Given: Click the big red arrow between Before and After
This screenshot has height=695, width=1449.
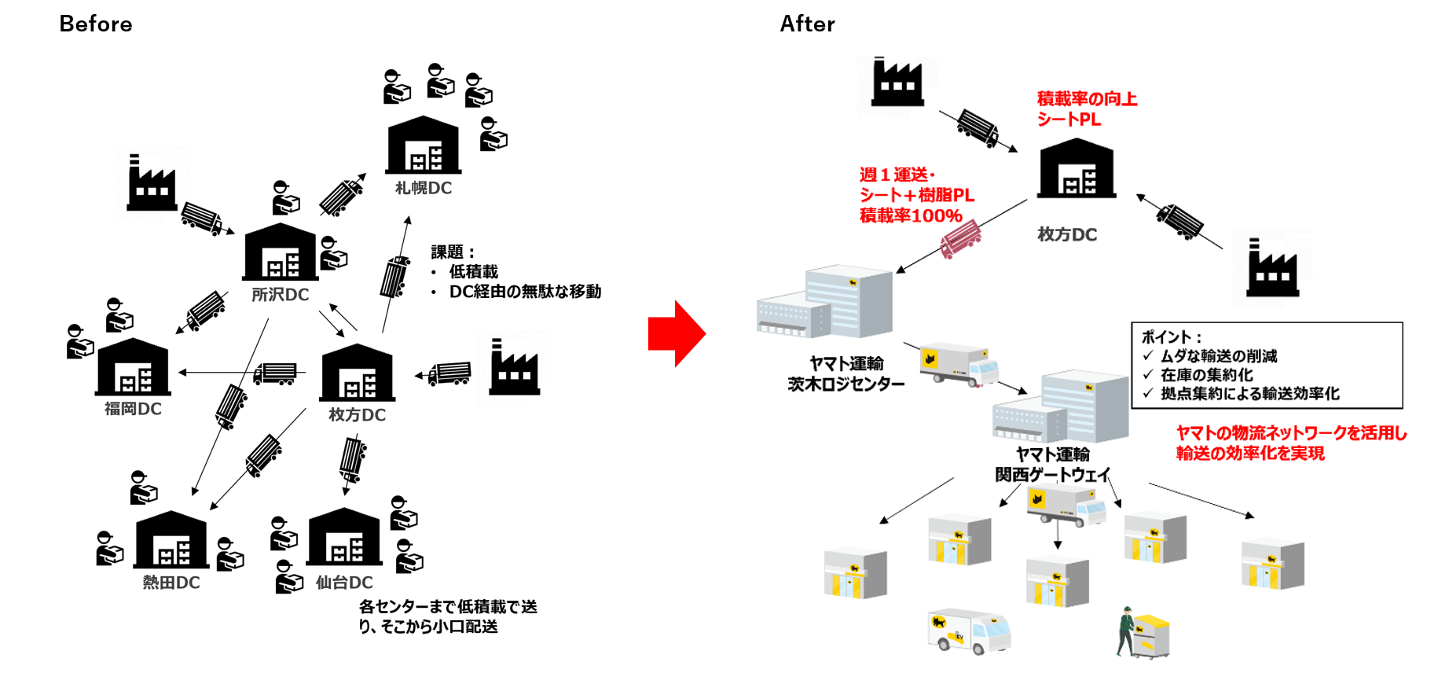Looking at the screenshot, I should (677, 333).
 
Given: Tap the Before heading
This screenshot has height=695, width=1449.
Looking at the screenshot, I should (96, 24).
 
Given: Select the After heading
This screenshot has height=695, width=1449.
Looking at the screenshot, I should (807, 24).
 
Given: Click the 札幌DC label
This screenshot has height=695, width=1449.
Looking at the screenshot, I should (424, 188).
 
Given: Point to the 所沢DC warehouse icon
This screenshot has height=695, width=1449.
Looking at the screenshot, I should (281, 252).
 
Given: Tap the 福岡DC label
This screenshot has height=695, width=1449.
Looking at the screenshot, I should (133, 409).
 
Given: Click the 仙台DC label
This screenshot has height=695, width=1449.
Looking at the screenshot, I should (344, 583).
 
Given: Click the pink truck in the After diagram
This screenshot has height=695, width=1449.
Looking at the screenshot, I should (960, 238).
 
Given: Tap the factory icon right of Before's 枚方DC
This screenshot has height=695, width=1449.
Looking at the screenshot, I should (515, 368).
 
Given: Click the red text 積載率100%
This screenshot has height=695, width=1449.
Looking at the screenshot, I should (911, 216).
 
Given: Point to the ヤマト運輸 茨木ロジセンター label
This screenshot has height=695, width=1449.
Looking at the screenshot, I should (846, 373).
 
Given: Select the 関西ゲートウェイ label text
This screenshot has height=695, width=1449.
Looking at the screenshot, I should (1052, 475).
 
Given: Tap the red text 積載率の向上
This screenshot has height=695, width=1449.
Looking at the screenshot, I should (1087, 99).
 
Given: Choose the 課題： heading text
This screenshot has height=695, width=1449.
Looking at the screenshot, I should (453, 252).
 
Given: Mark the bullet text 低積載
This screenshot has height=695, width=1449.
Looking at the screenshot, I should (473, 272).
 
